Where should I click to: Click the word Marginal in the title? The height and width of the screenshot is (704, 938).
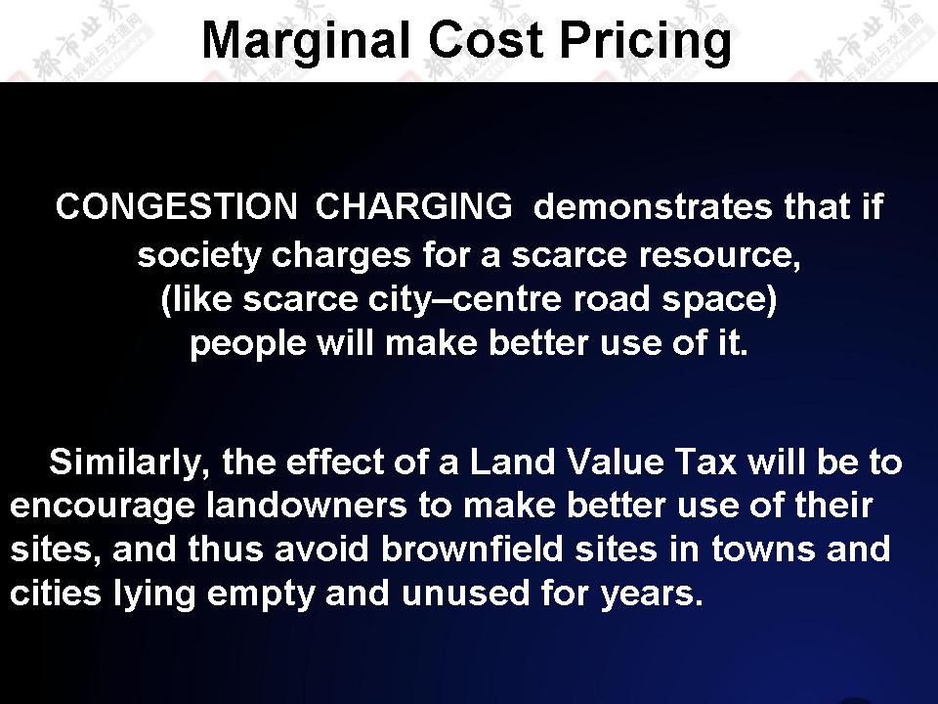306,41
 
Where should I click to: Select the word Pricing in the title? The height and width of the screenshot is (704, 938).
646,42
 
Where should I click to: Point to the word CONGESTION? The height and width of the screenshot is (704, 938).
177,206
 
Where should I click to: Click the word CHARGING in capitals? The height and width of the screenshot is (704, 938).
413,206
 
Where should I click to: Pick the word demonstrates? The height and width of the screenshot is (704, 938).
652,207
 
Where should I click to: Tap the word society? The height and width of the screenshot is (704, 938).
199,256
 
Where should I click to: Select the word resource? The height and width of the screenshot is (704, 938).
720,256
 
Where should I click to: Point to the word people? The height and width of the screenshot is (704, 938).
249,344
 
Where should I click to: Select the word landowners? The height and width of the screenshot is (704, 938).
307,506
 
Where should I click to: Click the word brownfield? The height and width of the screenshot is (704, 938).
472,549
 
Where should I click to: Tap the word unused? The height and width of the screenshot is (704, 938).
465,594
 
